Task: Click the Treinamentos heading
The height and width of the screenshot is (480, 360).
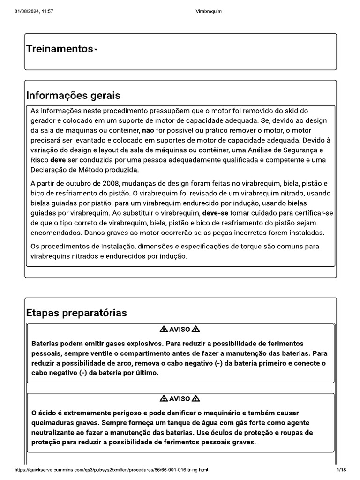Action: tap(60, 49)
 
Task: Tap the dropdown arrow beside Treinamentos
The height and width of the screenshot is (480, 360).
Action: tap(96, 50)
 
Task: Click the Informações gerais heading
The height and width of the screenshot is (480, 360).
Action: tap(73, 96)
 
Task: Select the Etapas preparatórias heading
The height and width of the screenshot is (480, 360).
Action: tap(76, 313)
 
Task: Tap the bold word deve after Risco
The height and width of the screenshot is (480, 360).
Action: tap(64, 159)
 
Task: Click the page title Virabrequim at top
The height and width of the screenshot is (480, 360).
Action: tap(208, 11)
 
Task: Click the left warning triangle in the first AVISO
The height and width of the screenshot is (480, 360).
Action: tap(164, 329)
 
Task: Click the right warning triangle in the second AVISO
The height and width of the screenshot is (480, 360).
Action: tap(196, 398)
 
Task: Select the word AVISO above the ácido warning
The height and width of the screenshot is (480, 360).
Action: tap(180, 398)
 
